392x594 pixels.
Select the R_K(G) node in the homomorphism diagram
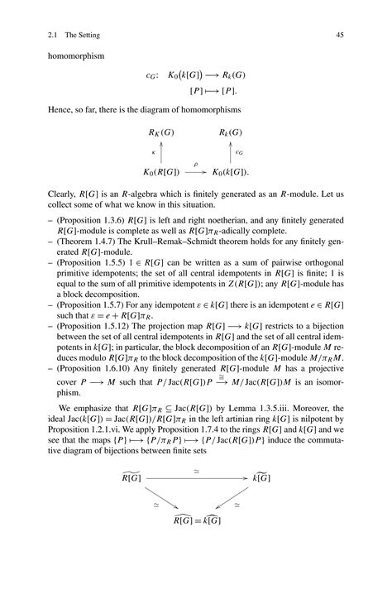(161, 132)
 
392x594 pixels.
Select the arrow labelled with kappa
(162, 152)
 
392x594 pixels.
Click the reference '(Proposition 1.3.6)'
(87, 228)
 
